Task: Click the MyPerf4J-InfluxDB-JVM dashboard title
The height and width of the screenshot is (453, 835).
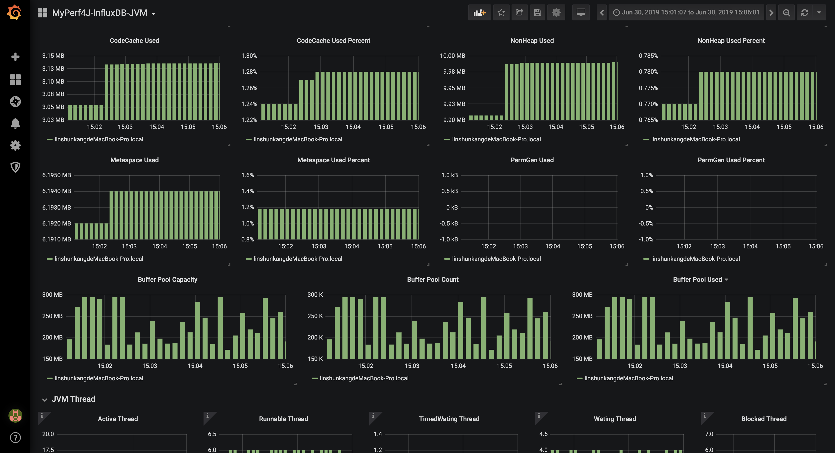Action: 100,13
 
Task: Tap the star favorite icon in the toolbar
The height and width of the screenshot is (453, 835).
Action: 501,13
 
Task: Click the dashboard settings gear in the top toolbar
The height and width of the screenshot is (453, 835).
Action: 556,13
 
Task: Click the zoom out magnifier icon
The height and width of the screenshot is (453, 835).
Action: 786,13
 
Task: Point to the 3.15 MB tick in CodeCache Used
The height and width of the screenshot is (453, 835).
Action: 53,56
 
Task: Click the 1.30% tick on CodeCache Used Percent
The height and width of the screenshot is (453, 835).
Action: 249,56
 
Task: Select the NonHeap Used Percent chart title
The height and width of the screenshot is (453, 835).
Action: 731,41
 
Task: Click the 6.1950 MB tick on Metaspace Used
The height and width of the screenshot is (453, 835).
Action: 56,175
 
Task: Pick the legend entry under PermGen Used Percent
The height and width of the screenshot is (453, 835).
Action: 695,259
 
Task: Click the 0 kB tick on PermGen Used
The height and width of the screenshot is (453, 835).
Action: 452,208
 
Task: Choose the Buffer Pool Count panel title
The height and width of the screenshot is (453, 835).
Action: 433,280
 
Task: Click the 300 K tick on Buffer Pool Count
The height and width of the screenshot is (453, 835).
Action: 315,295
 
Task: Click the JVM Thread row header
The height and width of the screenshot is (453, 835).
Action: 73,399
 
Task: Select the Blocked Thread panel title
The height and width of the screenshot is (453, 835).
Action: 764,419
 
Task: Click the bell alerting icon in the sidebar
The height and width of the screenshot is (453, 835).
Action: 15,123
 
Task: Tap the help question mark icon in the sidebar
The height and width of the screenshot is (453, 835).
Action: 15,438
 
